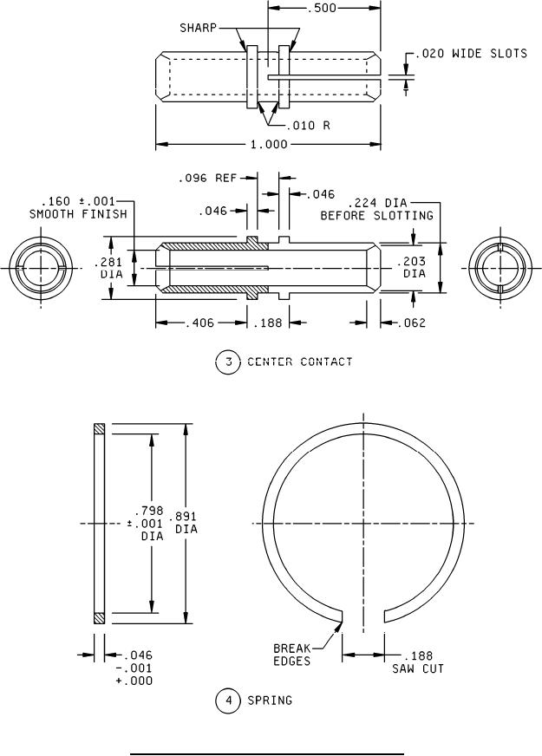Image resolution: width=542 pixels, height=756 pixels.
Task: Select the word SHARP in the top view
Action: (199, 27)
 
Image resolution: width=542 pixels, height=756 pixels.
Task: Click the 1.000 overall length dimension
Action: (269, 144)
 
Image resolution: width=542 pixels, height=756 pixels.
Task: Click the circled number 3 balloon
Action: (227, 362)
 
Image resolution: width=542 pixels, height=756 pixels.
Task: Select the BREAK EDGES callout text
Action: (292, 654)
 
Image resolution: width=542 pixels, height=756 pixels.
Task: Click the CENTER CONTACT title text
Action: (300, 362)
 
